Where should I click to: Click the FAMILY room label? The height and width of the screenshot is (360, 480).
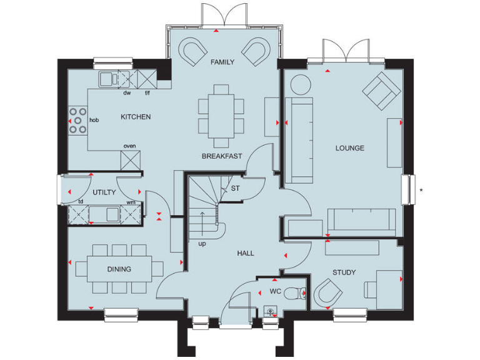(222, 62)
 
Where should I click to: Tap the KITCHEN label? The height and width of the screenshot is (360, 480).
(136, 117)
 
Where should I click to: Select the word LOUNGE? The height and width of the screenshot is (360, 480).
(349, 148)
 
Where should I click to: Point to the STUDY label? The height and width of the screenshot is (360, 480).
(344, 272)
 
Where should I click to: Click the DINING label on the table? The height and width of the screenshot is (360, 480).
(119, 269)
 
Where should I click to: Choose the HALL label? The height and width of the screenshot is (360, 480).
(246, 253)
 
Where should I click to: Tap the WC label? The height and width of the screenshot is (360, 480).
(276, 291)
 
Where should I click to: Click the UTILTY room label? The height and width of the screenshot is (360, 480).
(104, 193)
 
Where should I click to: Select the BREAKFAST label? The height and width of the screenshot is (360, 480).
(221, 156)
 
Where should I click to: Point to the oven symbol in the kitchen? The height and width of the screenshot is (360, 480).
(130, 159)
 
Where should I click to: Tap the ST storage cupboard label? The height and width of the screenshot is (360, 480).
(235, 188)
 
